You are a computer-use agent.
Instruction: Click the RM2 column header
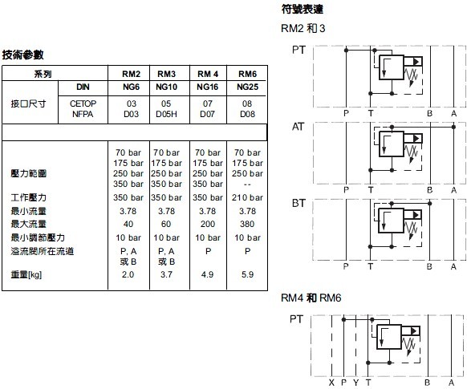131,74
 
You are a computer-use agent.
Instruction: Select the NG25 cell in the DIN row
247,87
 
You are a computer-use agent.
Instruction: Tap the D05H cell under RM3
166,114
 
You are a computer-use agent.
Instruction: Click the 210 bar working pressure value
247,197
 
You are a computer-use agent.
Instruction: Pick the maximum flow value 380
247,224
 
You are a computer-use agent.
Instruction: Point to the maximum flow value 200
208,224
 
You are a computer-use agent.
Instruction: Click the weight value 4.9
207,274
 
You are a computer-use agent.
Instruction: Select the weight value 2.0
128,274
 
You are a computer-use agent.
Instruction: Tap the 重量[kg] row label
26,274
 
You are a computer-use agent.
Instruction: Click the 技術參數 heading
23,55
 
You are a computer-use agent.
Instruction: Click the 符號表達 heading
302,10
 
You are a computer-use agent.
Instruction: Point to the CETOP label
83,103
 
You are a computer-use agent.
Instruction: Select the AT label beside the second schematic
298,127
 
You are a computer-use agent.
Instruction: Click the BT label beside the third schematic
298,203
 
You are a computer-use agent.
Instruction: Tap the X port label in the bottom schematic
331,383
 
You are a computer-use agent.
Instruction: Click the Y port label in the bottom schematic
356,383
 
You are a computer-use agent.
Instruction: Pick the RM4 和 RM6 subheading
311,298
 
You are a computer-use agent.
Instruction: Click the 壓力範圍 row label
29,173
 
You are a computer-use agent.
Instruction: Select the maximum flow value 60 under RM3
166,224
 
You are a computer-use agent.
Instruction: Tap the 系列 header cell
43,74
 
